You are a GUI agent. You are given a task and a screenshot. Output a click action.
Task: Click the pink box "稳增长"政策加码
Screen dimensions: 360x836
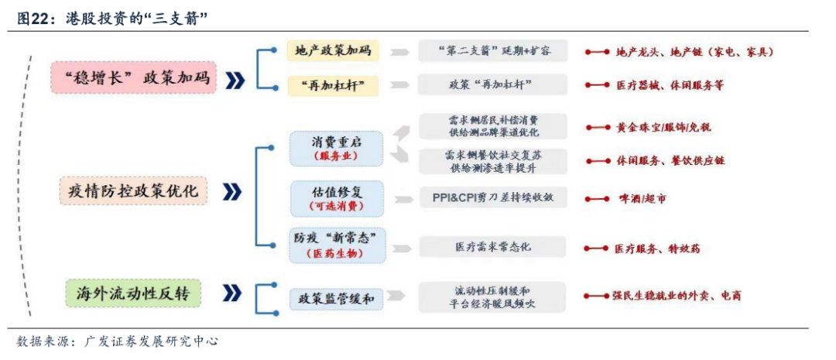[x=133, y=78]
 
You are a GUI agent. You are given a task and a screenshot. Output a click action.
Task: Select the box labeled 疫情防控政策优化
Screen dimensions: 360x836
[x=133, y=190]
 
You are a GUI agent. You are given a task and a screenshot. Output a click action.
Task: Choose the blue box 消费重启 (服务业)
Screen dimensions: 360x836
[x=337, y=148]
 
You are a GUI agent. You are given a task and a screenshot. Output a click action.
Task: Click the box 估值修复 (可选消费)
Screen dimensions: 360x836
[x=337, y=198]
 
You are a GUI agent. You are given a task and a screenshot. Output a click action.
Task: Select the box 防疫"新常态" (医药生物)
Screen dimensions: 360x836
[x=337, y=245]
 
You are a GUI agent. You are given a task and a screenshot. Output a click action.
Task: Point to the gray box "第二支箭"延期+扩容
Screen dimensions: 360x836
[x=492, y=51]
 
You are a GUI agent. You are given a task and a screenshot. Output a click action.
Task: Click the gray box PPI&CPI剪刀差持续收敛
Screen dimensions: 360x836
[x=492, y=197]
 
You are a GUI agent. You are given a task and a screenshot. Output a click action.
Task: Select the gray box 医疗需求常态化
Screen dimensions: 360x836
[x=492, y=247]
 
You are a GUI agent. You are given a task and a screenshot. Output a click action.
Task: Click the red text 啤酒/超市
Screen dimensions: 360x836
[x=642, y=199]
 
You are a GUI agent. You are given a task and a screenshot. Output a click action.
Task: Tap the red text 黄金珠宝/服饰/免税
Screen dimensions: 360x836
[x=663, y=126]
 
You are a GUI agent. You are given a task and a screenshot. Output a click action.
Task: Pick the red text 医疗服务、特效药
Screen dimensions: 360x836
[x=658, y=249]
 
